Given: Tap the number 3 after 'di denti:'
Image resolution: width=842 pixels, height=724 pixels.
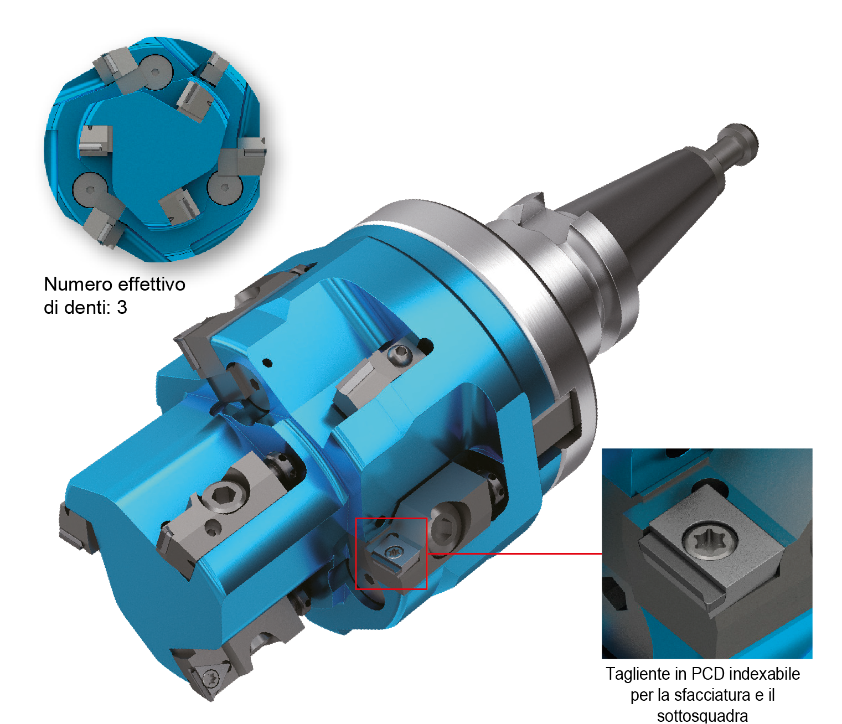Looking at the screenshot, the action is pos(122,308).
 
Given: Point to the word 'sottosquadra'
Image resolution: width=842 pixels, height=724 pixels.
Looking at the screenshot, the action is pos(702,716).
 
